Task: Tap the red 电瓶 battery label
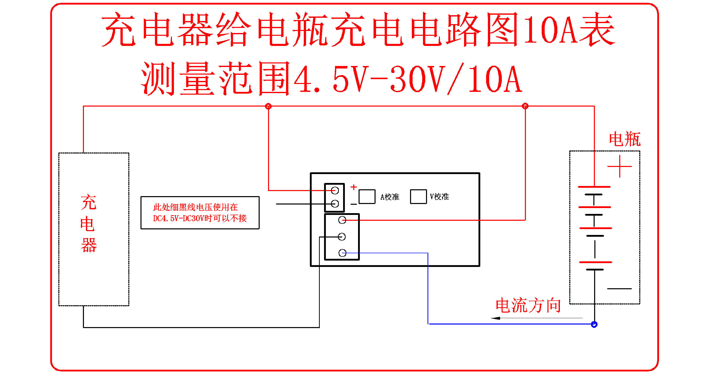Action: pyautogui.click(x=625, y=139)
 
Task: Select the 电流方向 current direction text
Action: pyautogui.click(x=528, y=305)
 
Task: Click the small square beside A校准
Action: pyautogui.click(x=367, y=197)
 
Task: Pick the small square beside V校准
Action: pyautogui.click(x=418, y=197)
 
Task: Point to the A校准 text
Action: pyautogui.click(x=390, y=197)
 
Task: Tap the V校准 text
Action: pyautogui.click(x=439, y=197)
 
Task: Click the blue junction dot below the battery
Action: pyautogui.click(x=594, y=325)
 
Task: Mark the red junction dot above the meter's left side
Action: pyautogui.click(x=268, y=106)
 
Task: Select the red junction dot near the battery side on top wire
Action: pyautogui.click(x=525, y=106)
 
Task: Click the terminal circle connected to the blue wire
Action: pyautogui.click(x=342, y=253)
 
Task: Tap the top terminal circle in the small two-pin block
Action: pyautogui.click(x=335, y=190)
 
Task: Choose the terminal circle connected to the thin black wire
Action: pyautogui.click(x=335, y=204)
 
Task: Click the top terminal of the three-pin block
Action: pyautogui.click(x=342, y=220)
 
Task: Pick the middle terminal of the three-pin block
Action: pyautogui.click(x=342, y=236)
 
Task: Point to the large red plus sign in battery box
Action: pyautogui.click(x=619, y=166)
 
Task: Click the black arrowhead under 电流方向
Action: pyautogui.click(x=495, y=318)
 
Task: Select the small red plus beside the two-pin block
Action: pyautogui.click(x=354, y=187)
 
